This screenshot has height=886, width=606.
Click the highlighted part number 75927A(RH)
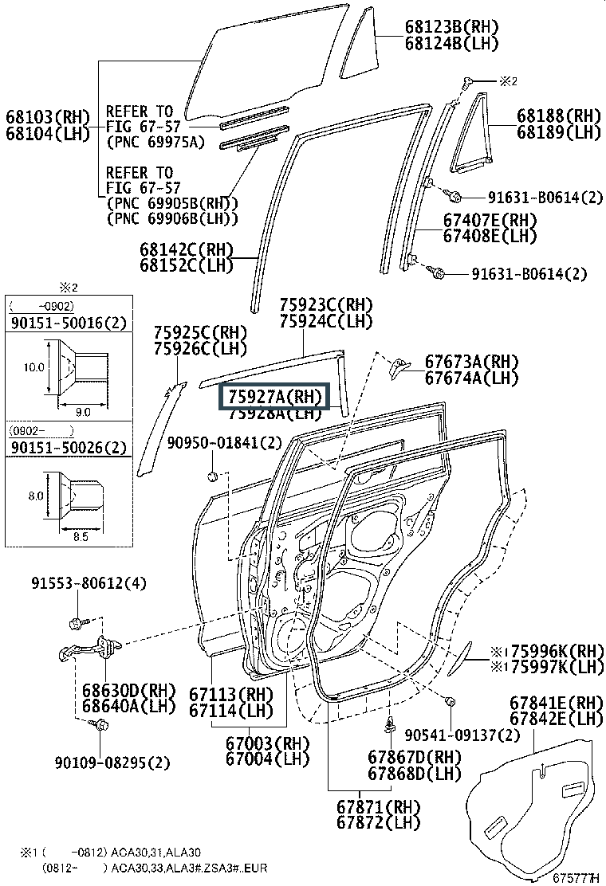[x=274, y=396]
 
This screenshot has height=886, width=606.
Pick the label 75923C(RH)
[x=325, y=305]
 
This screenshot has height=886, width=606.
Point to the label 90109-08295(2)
[x=112, y=763]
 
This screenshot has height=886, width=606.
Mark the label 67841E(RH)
[x=556, y=703]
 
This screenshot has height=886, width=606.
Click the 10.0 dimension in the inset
[x=33, y=368]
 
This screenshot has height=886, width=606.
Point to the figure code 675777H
[x=575, y=877]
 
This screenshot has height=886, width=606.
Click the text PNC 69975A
[x=155, y=143]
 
